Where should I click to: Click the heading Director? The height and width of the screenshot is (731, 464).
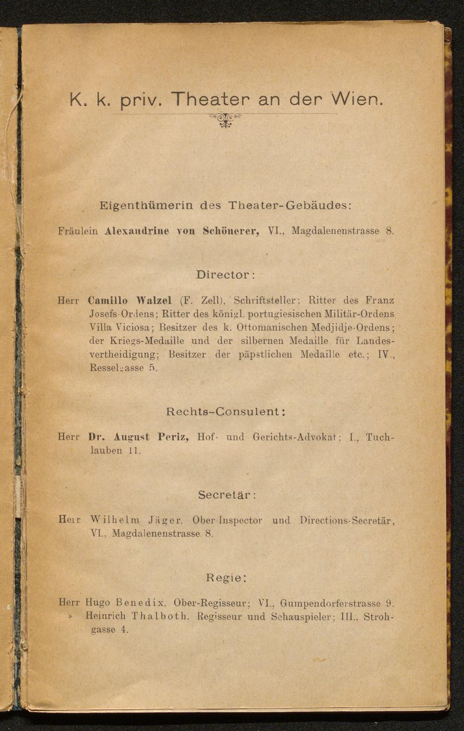[226, 275]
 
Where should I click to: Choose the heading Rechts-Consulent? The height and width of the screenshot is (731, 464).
[225, 411]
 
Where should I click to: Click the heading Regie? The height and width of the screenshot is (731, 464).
[226, 578]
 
